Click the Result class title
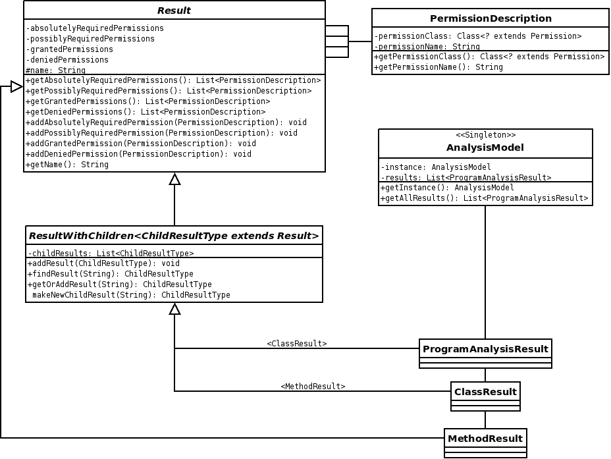174,11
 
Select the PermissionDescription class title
491,18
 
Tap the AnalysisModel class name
485,148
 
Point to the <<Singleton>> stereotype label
485,135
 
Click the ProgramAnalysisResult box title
485,349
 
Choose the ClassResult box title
485,392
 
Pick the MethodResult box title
485,439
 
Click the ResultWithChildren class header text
174,236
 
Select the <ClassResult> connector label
296,343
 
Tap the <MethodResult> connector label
313,386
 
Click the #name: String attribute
55,70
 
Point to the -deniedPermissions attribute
67,60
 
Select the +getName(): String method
67,165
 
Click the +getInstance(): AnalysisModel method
447,188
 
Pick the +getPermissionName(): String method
438,67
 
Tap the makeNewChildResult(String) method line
131,295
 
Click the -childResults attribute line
111,254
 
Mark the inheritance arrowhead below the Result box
174,179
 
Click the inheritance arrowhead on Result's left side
16,86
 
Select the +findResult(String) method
110,274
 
